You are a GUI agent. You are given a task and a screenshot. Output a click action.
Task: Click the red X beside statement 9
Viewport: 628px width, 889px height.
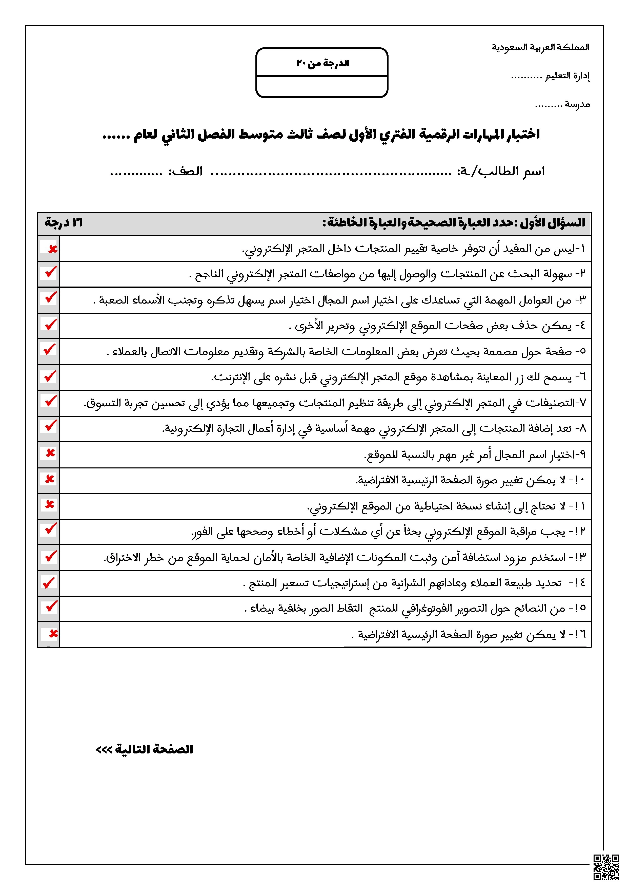[50, 453]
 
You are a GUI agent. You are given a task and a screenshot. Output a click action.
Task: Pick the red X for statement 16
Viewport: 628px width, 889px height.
[53, 633]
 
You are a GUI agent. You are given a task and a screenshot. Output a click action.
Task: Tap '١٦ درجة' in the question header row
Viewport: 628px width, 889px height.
[64, 223]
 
